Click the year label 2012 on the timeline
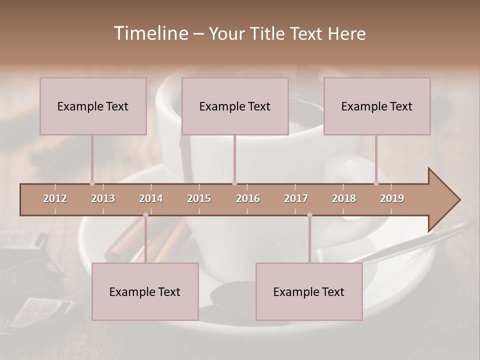pyautogui.click(x=55, y=198)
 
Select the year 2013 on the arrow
pyautogui.click(x=103, y=198)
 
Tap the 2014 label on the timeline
pyautogui.click(x=151, y=198)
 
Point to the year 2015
pyautogui.click(x=199, y=198)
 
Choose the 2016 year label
pyautogui.click(x=248, y=198)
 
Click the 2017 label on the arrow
pyautogui.click(x=296, y=198)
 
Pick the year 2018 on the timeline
pyautogui.click(x=344, y=198)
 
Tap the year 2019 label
pyautogui.click(x=392, y=198)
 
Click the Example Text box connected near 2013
pyautogui.click(x=93, y=106)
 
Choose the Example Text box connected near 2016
pyautogui.click(x=235, y=106)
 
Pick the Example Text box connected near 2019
pyautogui.click(x=377, y=106)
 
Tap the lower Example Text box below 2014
pyautogui.click(x=145, y=292)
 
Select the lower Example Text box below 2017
pyautogui.click(x=309, y=292)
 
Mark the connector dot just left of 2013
pyautogui.click(x=92, y=183)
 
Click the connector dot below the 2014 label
pyautogui.click(x=145, y=215)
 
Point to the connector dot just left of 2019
pyautogui.click(x=376, y=183)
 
